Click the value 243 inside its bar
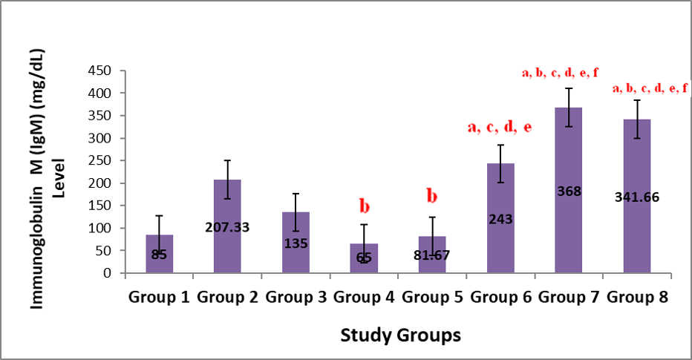point(501,220)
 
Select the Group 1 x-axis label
point(158,298)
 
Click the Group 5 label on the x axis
point(432,298)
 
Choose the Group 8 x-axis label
point(638,298)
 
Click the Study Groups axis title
point(400,335)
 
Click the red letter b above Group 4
point(364,206)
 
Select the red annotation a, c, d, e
point(499,127)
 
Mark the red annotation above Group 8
point(650,88)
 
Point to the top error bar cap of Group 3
point(296,194)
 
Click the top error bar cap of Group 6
point(501,145)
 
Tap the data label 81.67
point(432,255)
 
